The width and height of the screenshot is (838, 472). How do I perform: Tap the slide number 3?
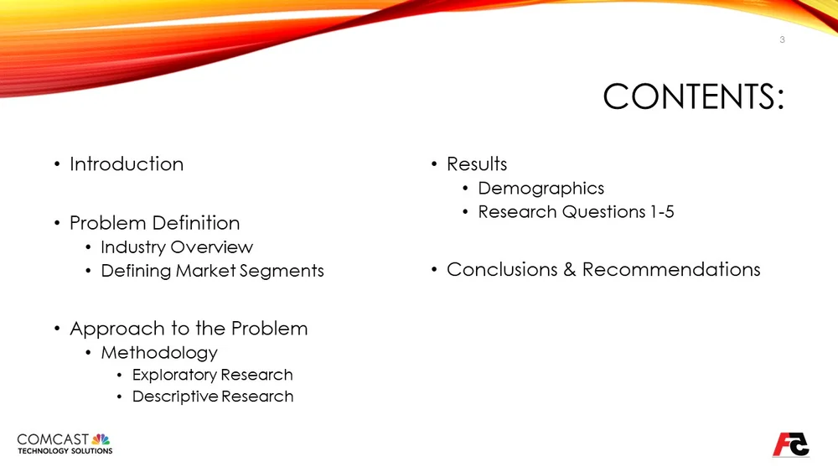click(x=782, y=40)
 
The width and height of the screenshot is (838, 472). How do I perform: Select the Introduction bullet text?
click(x=127, y=164)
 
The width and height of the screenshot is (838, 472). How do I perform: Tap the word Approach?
click(x=108, y=329)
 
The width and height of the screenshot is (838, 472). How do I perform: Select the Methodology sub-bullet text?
click(x=159, y=353)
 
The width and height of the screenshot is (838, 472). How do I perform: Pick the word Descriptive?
click(x=174, y=397)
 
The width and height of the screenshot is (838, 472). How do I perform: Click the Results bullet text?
click(x=477, y=164)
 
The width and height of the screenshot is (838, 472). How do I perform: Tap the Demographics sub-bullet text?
click(x=541, y=189)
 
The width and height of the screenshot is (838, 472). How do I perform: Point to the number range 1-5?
click(x=662, y=212)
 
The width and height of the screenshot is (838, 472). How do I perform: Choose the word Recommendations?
click(x=671, y=269)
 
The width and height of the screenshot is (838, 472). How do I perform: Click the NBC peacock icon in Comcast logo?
click(x=101, y=439)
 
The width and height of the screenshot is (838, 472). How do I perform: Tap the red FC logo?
click(x=790, y=444)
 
